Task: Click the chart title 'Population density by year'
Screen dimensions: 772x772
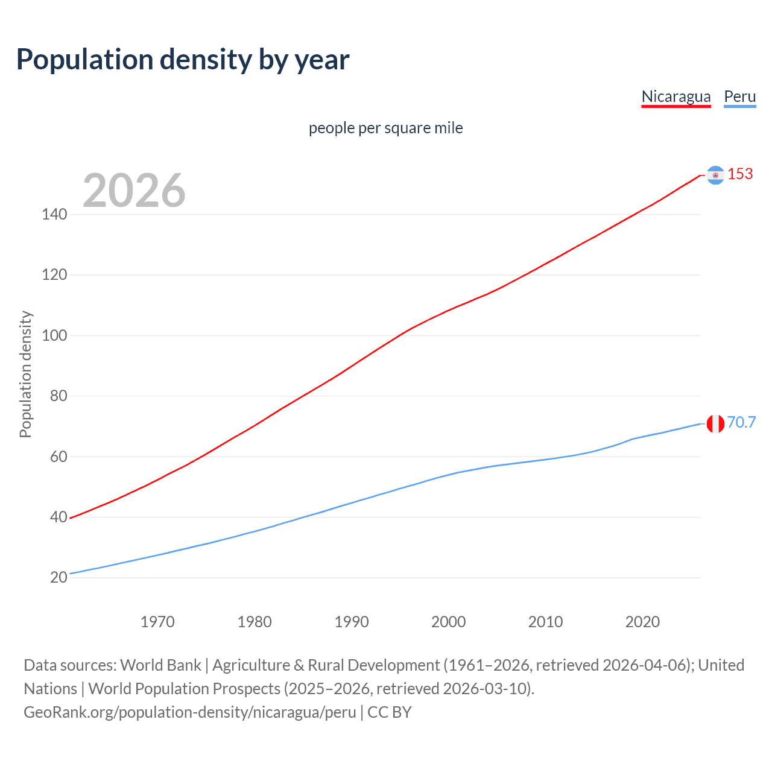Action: click(x=183, y=60)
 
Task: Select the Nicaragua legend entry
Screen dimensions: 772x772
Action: click(x=675, y=96)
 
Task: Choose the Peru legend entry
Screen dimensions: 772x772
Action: click(x=739, y=96)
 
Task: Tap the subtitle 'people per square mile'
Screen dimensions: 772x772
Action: click(x=385, y=128)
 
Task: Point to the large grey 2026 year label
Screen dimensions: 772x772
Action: click(x=134, y=191)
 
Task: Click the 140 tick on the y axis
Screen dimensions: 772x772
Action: click(x=54, y=215)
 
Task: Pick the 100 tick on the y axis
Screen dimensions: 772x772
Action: click(x=54, y=336)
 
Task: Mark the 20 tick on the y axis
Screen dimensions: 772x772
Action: click(x=59, y=578)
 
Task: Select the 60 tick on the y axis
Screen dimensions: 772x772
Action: click(x=59, y=457)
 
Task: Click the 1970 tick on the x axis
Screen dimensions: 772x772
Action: click(x=157, y=622)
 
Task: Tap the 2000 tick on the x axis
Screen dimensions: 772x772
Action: click(x=448, y=622)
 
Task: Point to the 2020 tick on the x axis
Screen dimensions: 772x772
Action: click(x=642, y=622)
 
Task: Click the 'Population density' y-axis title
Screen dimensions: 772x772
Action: click(x=25, y=374)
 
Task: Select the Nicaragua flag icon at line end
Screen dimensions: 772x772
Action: click(x=715, y=175)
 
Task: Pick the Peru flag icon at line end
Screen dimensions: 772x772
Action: click(x=715, y=423)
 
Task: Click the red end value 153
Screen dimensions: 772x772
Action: click(x=740, y=174)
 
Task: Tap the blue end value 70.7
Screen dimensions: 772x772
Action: click(x=741, y=423)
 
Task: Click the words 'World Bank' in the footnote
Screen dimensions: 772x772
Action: click(x=160, y=665)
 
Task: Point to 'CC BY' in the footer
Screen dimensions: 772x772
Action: click(x=390, y=712)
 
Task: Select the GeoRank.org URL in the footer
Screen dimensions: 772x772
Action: click(x=190, y=712)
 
